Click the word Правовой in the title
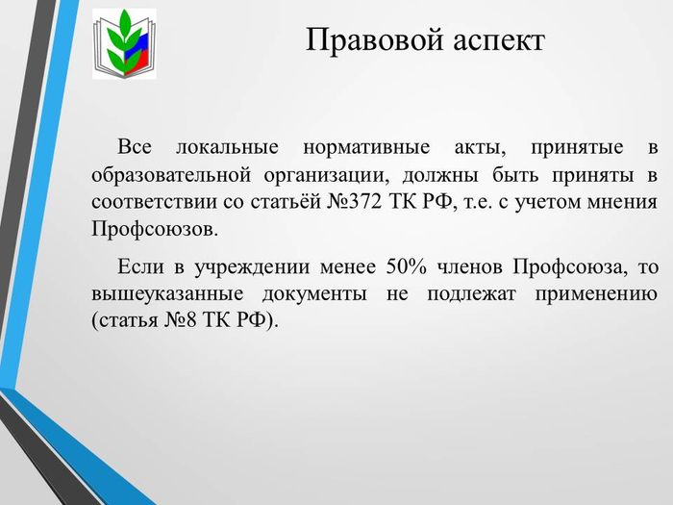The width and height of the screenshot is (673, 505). pos(374,40)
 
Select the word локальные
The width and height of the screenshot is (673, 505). pos(228,147)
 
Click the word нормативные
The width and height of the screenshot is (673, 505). pos(366,148)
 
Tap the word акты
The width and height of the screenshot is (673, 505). pos(481,148)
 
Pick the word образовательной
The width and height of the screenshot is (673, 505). pos(171,175)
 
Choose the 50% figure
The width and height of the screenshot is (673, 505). pos(407,266)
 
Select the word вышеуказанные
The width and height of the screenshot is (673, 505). pos(168,294)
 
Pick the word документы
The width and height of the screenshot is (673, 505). pos(314,294)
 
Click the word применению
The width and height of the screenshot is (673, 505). pos(596,294)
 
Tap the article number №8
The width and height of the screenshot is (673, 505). pos(181,320)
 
